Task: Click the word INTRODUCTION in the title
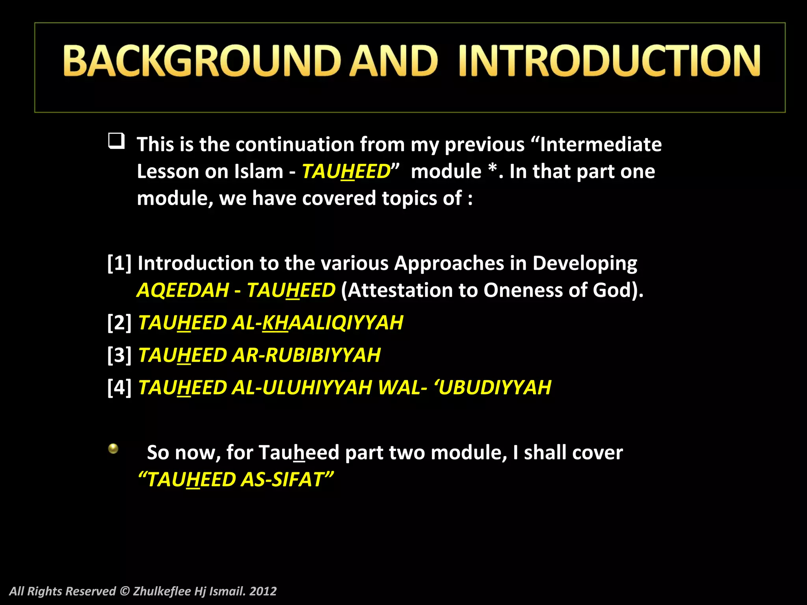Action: pos(609,61)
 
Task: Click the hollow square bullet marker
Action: pos(116,141)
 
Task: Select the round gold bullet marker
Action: pos(113,449)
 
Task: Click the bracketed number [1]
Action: pos(119,263)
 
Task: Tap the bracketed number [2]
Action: pos(119,323)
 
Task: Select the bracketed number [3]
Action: pos(119,355)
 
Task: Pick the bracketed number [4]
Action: pos(119,387)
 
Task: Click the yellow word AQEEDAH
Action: pos(183,290)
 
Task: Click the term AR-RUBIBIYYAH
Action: pos(306,355)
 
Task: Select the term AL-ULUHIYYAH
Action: pos(302,387)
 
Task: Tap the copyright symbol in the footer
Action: pos(125,591)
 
